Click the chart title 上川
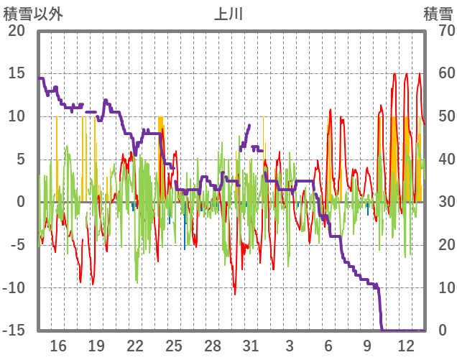(229, 14)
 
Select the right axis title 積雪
(437, 14)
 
